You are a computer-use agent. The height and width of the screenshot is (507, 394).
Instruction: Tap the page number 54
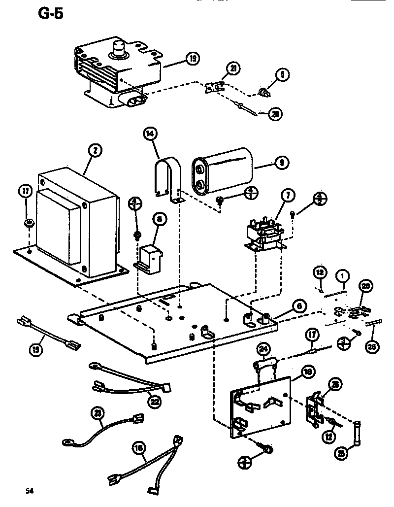point(30,491)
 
